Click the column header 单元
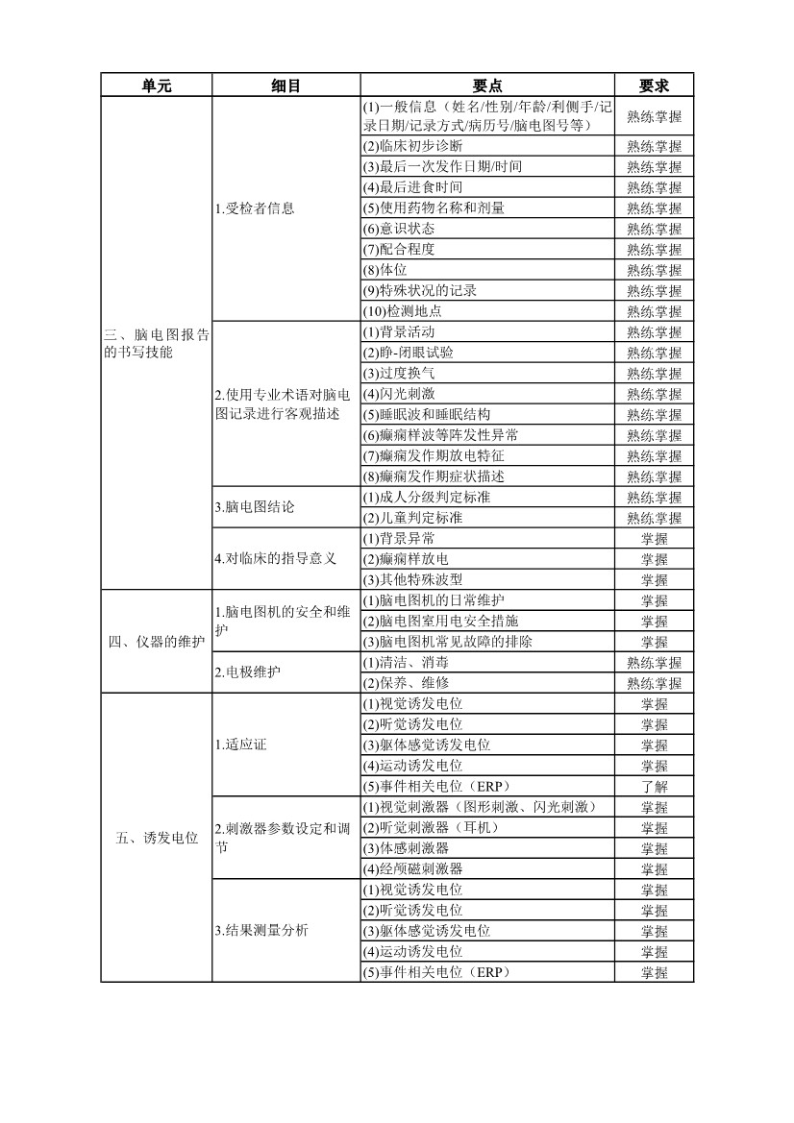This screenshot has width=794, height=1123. pyautogui.click(x=156, y=85)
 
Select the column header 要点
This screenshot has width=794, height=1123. pyautogui.click(x=487, y=85)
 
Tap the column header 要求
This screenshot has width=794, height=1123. pyautogui.click(x=654, y=85)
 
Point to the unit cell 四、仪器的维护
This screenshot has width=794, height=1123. pyautogui.click(x=156, y=642)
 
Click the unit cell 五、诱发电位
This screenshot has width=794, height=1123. pyautogui.click(x=156, y=838)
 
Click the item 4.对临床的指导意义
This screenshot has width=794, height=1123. pyautogui.click(x=275, y=559)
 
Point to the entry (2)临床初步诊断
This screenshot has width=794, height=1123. pyautogui.click(x=412, y=146)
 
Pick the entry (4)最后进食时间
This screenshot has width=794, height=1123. pyautogui.click(x=412, y=187)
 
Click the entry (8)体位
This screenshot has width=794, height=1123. pyautogui.click(x=385, y=270)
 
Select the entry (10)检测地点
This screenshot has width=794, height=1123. pyautogui.click(x=402, y=311)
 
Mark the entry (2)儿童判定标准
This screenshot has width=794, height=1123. pyautogui.click(x=412, y=518)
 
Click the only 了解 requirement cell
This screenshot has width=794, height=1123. pyautogui.click(x=654, y=787)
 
